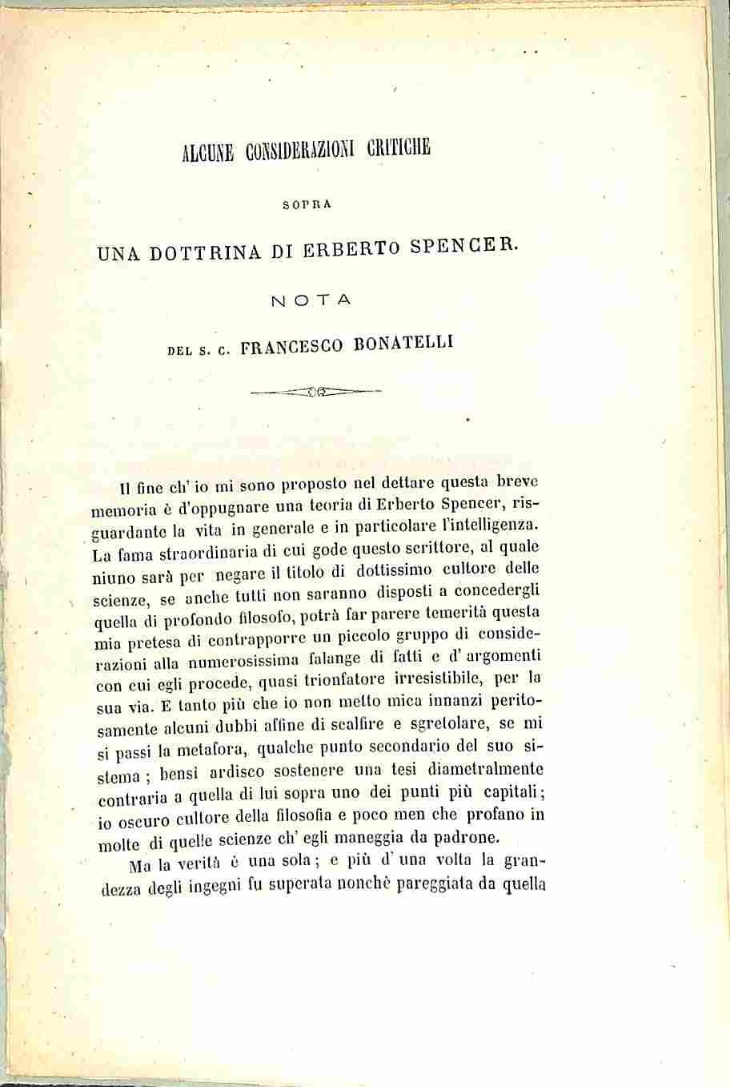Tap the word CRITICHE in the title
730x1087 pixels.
point(400,149)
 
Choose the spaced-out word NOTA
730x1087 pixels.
point(311,301)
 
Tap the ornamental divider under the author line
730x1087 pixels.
point(315,392)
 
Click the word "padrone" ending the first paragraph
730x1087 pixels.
point(460,837)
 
